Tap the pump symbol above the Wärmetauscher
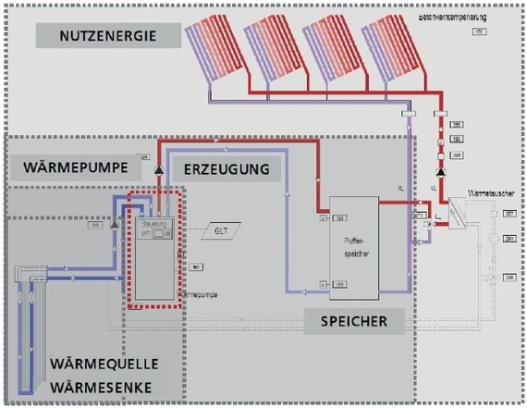click(442, 172)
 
